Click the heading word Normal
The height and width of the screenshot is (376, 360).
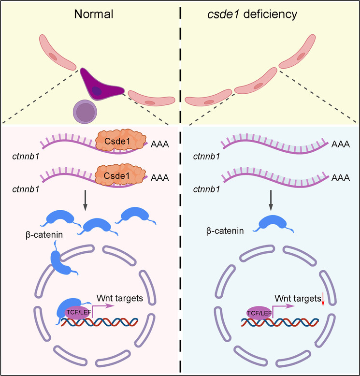coord(94,14)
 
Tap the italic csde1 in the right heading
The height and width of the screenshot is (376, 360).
coord(223,14)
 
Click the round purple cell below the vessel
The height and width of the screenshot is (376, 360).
coord(85,112)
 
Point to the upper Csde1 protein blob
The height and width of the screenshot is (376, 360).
coord(121,141)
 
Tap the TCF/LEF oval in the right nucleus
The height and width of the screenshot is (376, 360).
coord(259,313)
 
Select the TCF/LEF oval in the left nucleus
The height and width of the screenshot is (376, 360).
coord(78,313)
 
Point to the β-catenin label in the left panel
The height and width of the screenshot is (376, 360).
coord(44,235)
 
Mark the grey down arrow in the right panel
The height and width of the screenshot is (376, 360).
coord(271,201)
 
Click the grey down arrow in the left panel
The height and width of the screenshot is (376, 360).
coord(85,201)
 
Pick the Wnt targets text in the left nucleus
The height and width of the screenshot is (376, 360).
coord(120,298)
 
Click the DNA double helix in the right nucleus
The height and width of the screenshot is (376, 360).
coord(280,322)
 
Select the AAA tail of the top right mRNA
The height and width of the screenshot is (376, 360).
coord(340,144)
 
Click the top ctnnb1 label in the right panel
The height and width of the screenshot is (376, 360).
coord(206,157)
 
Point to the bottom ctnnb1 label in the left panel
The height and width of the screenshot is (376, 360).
coord(26,189)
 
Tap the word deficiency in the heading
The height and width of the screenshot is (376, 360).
coord(270,14)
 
